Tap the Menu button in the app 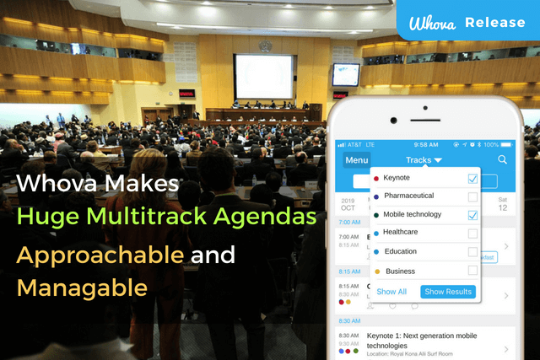tap(357, 160)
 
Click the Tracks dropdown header tap(424, 159)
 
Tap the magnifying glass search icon tap(503, 159)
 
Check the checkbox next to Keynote tap(472, 179)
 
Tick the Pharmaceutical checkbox tap(472, 197)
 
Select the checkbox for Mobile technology tap(472, 215)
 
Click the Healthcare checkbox tap(472, 234)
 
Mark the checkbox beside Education tap(472, 252)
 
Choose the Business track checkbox tap(472, 271)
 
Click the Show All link tap(391, 292)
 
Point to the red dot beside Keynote tap(375, 179)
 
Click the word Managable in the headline tap(82, 288)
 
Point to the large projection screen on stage tap(264, 77)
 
